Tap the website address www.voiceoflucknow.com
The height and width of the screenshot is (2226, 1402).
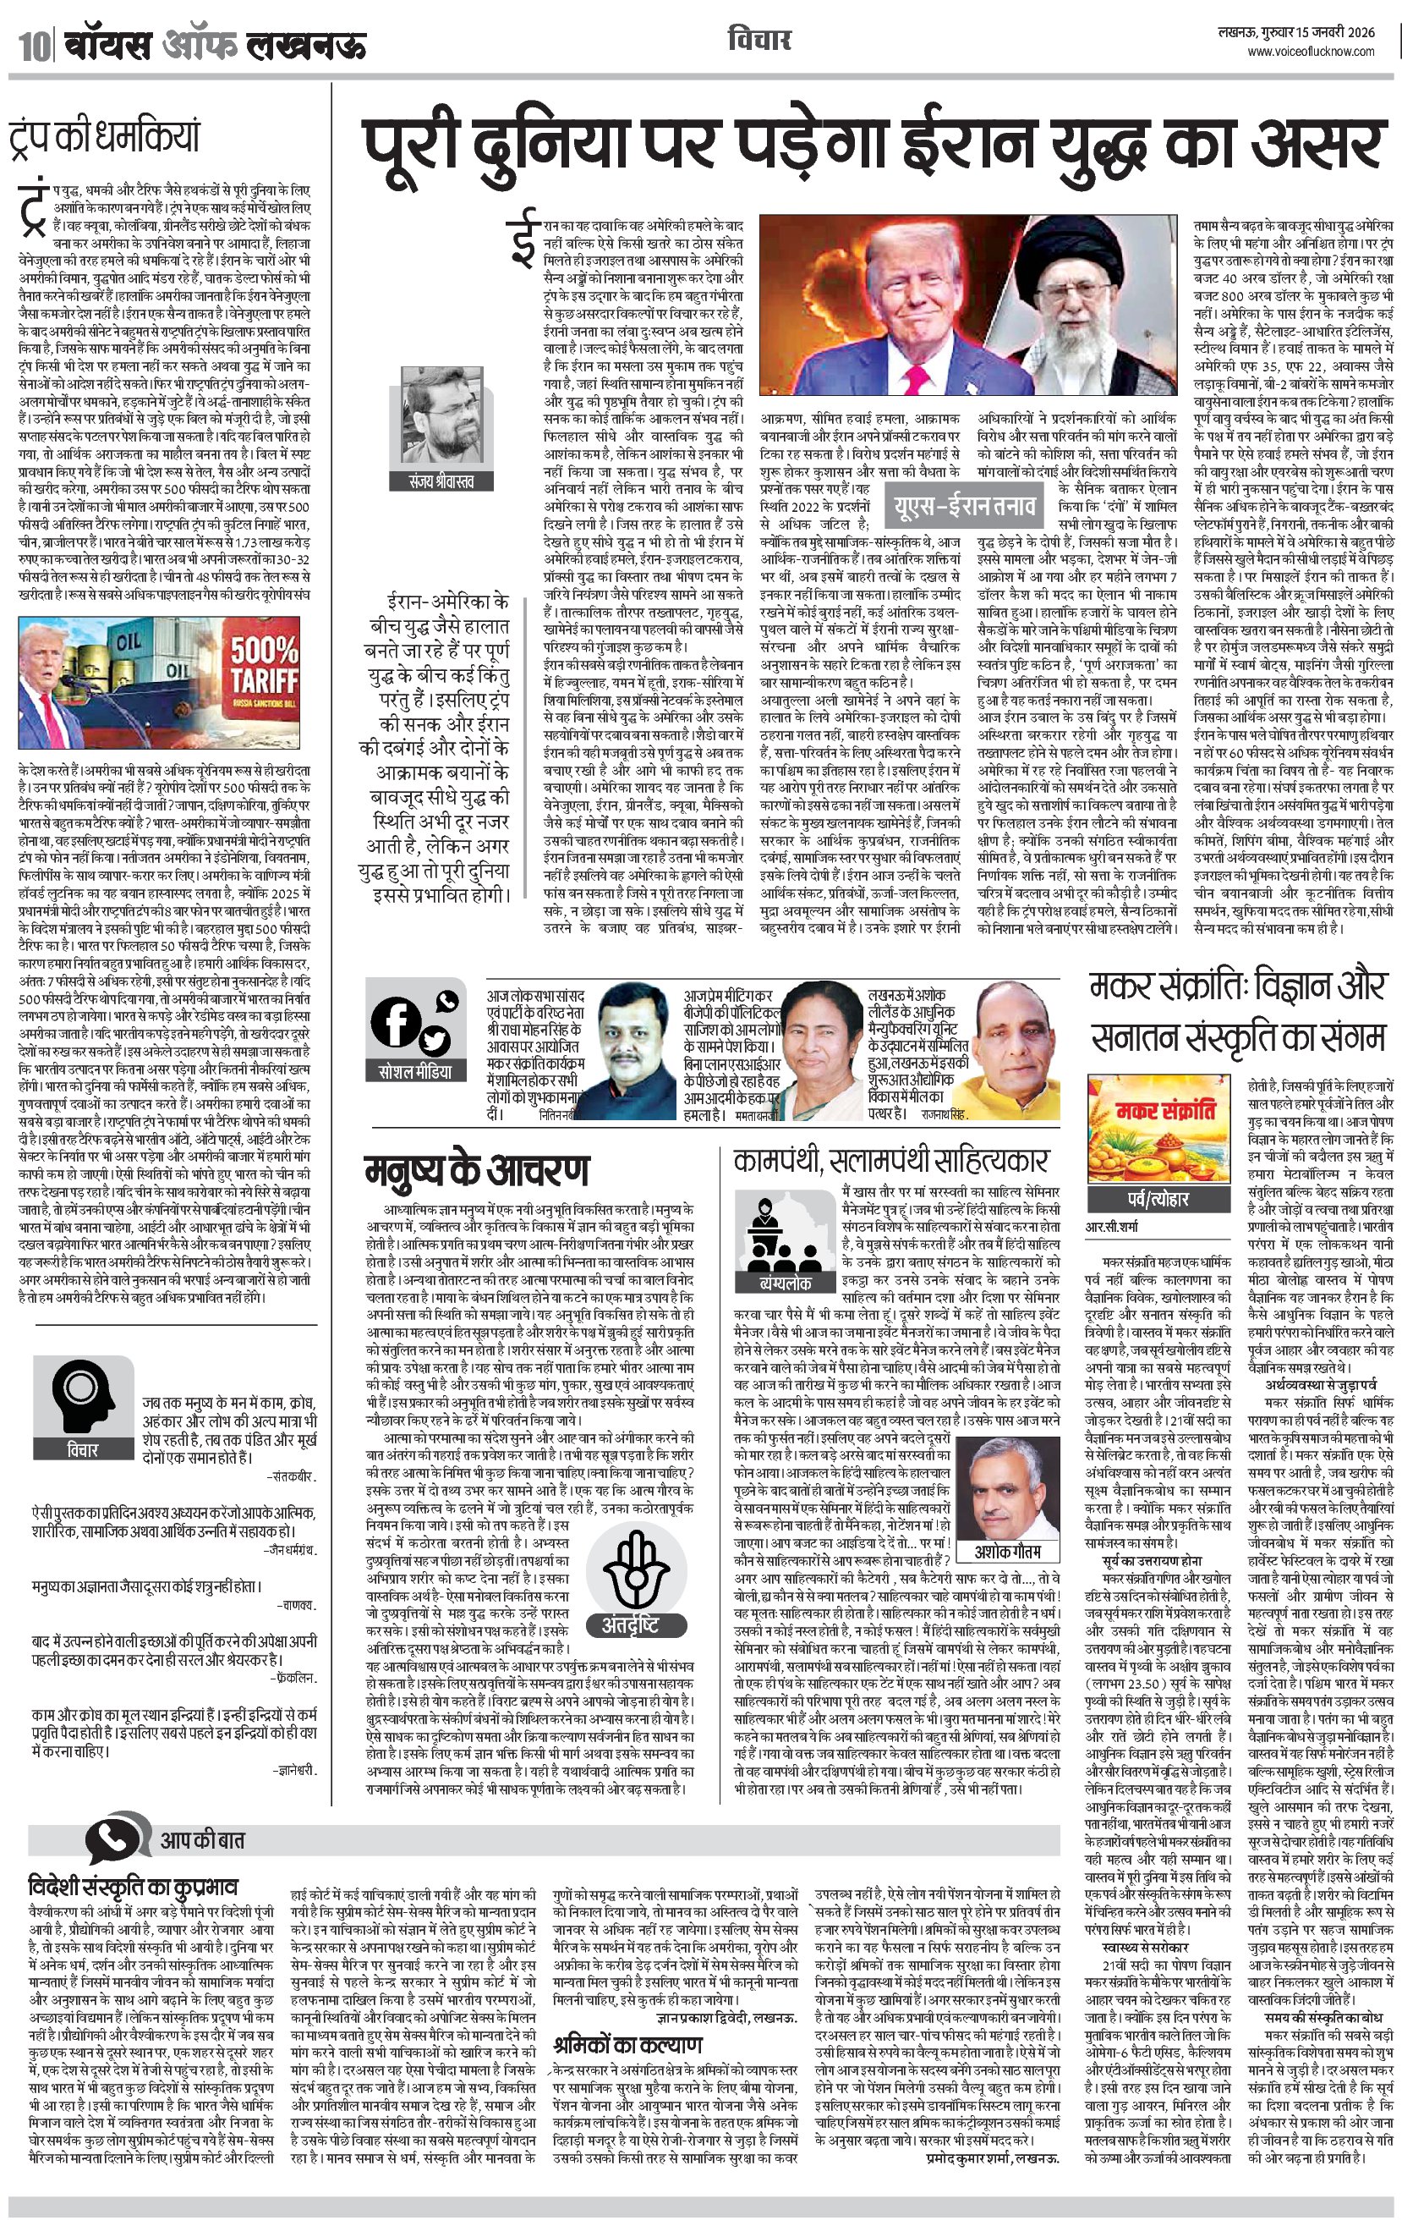point(1311,52)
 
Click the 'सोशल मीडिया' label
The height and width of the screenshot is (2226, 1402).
point(415,1072)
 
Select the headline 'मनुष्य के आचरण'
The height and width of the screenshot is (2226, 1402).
point(475,1170)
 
